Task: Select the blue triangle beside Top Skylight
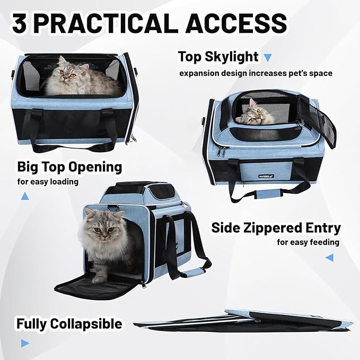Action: pos(267,57)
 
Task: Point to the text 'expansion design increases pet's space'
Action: pos(256,73)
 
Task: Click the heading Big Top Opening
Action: pos(69,167)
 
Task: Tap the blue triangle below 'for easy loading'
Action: pos(25,196)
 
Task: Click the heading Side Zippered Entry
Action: pos(276,228)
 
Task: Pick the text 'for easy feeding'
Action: pos(308,242)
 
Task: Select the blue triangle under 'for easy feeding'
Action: pos(329,258)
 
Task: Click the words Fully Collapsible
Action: pos(69,323)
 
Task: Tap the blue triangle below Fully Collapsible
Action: pos(24,343)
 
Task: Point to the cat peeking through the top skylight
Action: pos(250,114)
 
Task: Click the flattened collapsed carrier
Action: pos(244,320)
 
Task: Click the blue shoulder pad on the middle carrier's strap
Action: pos(196,272)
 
